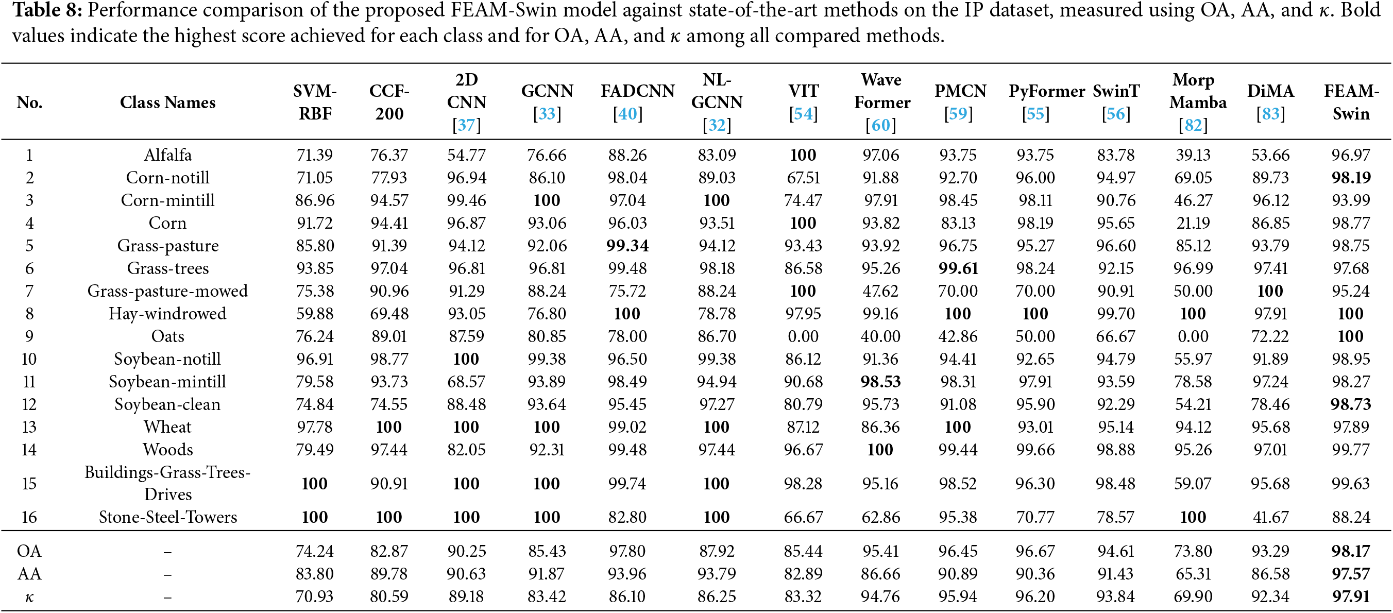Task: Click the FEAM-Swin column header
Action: coord(1351,102)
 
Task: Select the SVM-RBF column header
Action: coord(315,102)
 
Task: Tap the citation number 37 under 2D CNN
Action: coord(466,125)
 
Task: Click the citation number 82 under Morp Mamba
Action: coord(1193,125)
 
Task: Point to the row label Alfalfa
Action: coord(167,155)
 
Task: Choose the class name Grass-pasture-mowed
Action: coord(167,292)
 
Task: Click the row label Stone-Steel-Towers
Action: coord(167,517)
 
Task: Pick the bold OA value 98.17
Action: coord(1351,551)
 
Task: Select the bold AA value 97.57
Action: coord(1351,573)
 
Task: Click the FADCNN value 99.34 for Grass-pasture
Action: coord(627,246)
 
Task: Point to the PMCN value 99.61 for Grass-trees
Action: coord(958,269)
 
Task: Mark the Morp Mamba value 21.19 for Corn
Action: coord(1193,223)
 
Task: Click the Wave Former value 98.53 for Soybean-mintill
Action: coord(881,382)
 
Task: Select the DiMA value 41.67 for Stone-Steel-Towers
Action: coord(1271,517)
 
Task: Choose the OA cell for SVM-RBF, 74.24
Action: coord(315,551)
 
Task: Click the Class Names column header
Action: coord(167,102)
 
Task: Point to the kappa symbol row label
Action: coord(29,598)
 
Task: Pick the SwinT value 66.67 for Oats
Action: coord(1116,336)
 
